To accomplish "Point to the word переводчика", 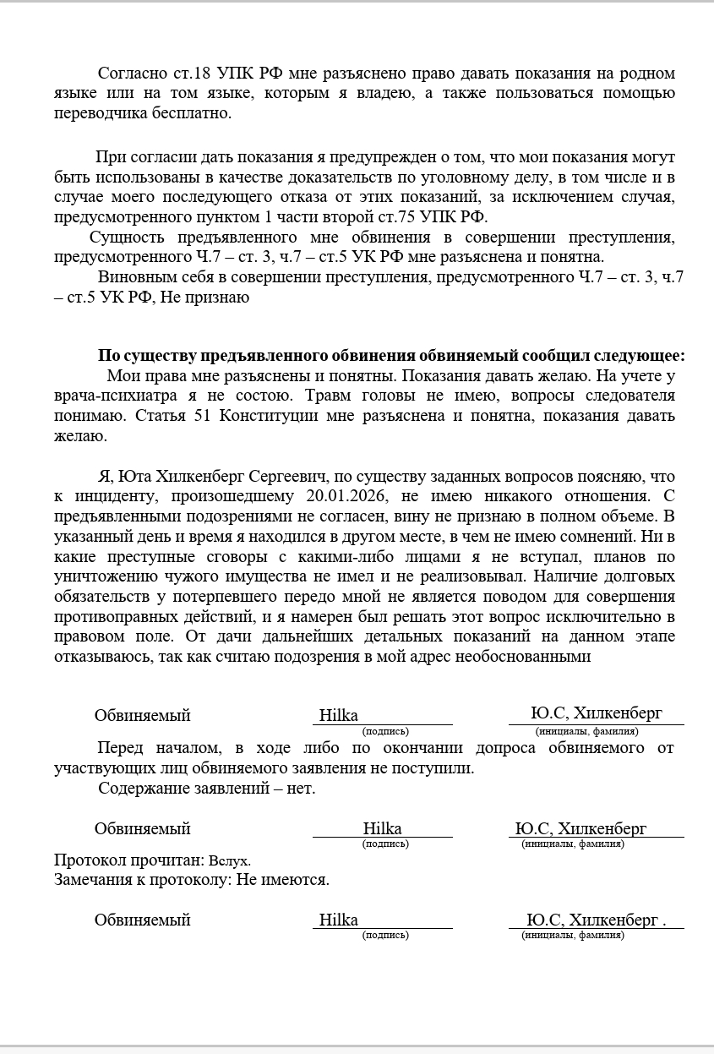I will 95,112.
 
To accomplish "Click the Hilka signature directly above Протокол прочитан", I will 382,828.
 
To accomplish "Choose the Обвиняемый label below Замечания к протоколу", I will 142,920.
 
